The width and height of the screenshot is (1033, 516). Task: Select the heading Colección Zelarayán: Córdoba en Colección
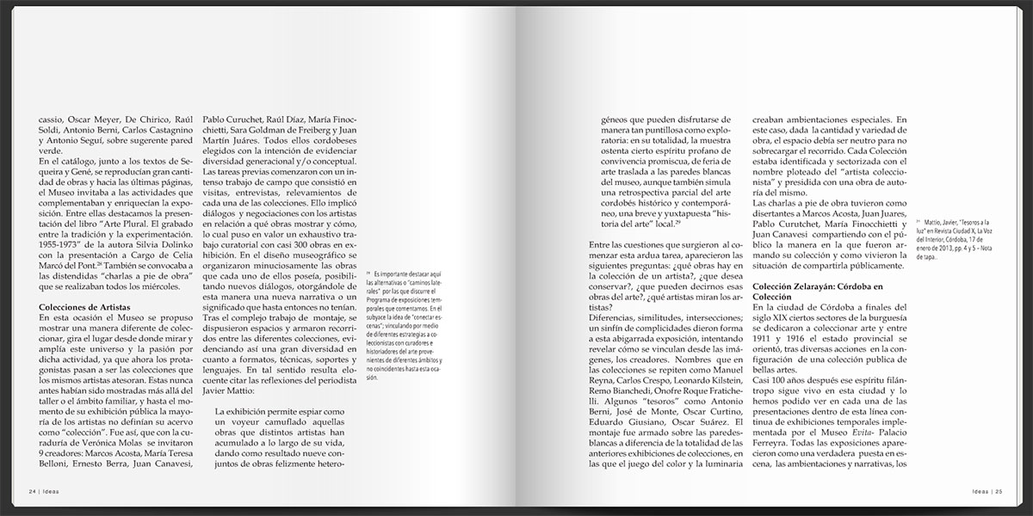pyautogui.click(x=817, y=291)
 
